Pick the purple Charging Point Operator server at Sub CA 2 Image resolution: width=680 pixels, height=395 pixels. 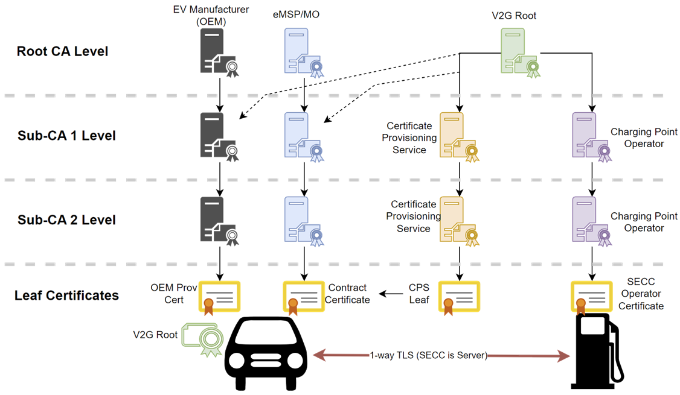coord(589,221)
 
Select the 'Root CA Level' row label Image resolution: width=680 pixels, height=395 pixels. coord(62,51)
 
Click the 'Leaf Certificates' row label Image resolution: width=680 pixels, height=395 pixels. coord(67,295)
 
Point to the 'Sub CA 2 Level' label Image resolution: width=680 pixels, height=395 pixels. coord(66,220)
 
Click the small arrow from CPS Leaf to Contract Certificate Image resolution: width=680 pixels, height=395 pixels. coord(391,294)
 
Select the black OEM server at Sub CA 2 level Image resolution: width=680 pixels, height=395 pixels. coord(217,221)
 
